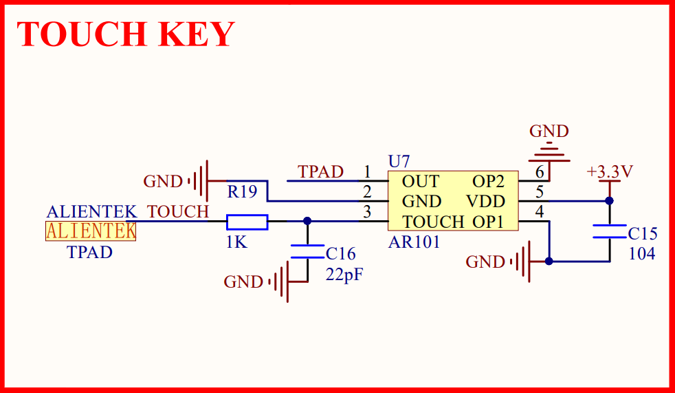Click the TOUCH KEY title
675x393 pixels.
(126, 34)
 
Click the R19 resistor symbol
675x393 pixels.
(247, 222)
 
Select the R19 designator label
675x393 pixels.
(243, 192)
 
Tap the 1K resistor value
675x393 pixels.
(236, 242)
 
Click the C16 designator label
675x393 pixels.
(341, 254)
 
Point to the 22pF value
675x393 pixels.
(344, 275)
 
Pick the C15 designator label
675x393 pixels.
(643, 233)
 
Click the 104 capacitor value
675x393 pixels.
(642, 253)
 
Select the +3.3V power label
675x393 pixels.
(610, 171)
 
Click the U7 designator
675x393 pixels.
(399, 162)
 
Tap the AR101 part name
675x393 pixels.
(414, 242)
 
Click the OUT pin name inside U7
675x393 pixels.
(421, 182)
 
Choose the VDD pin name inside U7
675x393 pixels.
(486, 202)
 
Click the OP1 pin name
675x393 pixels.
(488, 222)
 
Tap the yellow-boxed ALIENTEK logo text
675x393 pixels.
(91, 231)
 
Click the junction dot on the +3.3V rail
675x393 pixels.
(609, 201)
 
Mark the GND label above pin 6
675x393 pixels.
(549, 131)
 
